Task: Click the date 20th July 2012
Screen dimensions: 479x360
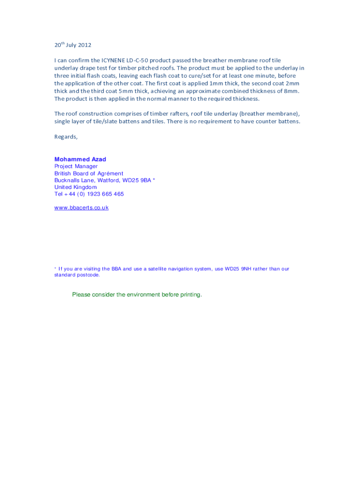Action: (72, 45)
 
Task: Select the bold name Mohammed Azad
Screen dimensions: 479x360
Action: (80, 160)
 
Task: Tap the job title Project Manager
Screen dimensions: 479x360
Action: (76, 167)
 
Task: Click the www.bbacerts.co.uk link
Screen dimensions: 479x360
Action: (81, 208)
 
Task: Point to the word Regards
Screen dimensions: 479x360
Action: (65, 137)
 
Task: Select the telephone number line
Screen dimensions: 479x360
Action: (89, 194)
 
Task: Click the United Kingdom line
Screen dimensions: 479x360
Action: (75, 187)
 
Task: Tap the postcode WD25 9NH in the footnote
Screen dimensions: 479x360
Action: (238, 269)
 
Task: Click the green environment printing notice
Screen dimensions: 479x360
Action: (137, 295)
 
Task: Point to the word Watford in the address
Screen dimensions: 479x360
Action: (108, 180)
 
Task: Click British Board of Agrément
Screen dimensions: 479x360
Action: (89, 174)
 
